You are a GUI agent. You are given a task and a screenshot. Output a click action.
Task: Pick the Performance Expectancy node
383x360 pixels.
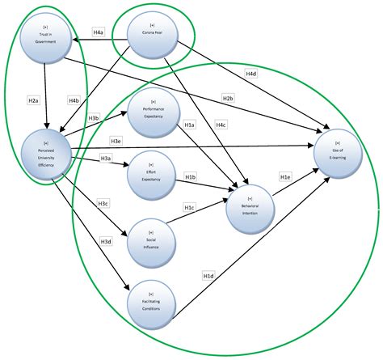pos(154,112)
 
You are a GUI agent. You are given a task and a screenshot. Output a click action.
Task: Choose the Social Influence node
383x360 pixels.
pos(151,239)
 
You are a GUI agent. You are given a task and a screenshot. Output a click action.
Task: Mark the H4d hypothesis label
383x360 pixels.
pos(251,74)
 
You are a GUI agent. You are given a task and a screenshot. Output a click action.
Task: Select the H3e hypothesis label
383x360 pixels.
pos(116,141)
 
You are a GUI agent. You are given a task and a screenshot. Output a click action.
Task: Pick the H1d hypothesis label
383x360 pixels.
pos(208,276)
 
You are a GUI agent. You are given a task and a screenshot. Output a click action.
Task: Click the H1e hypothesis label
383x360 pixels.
pos(285,176)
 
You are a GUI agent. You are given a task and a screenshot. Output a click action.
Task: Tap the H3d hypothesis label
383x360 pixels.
pos(106,241)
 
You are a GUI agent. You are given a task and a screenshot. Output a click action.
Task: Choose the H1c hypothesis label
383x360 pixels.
pos(189,207)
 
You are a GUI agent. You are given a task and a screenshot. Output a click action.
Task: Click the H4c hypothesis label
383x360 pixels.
pos(221,125)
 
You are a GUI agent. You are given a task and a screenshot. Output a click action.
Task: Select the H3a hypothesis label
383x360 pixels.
pos(106,157)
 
